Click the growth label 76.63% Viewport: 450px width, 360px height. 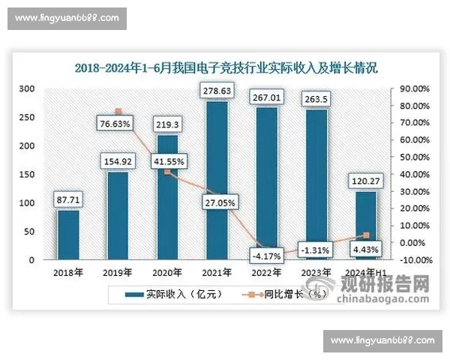[117, 123]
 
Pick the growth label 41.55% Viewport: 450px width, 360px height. [166, 161]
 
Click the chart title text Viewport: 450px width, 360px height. [225, 67]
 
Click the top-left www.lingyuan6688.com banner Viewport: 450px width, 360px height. [66, 17]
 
